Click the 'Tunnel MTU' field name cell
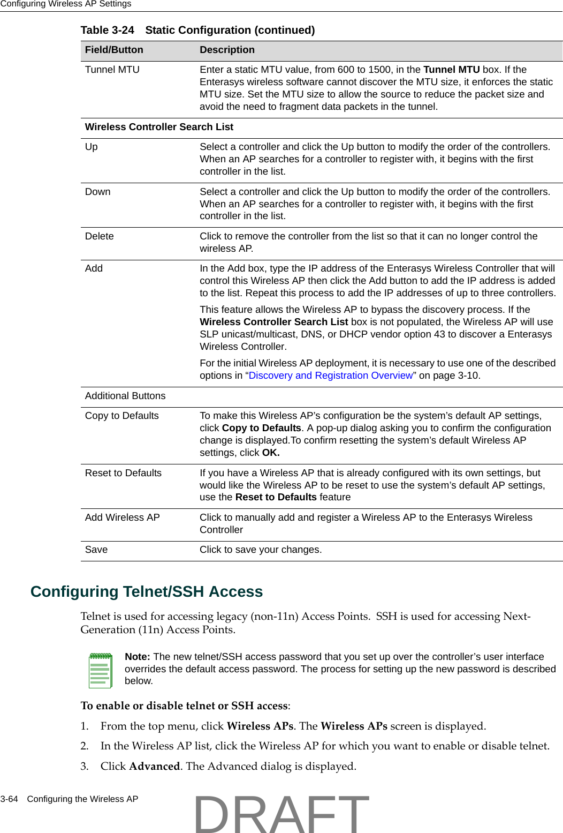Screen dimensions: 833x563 coord(112,70)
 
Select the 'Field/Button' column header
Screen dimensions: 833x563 coord(114,50)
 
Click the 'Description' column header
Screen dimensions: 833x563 coord(227,50)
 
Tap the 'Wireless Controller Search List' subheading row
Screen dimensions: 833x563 coord(159,127)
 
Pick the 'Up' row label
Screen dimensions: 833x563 coord(92,147)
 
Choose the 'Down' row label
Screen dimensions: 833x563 coord(98,192)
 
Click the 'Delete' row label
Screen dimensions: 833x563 coord(100,236)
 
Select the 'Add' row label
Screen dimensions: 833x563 coord(94,268)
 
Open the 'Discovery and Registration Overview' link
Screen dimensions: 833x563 coord(331,376)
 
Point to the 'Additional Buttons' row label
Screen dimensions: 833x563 coord(125,396)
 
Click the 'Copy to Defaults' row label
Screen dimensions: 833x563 coord(122,416)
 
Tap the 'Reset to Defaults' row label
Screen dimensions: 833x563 coord(123,473)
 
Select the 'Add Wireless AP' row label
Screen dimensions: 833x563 coord(123,517)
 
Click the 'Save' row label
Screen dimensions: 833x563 coord(96,550)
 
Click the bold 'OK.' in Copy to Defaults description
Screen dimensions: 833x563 coord(271,453)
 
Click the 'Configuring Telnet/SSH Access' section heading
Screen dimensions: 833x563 coord(147,591)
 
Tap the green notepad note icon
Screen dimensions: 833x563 coord(100,670)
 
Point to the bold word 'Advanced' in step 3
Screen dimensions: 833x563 coord(154,766)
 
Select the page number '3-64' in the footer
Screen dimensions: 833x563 coord(9,799)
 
